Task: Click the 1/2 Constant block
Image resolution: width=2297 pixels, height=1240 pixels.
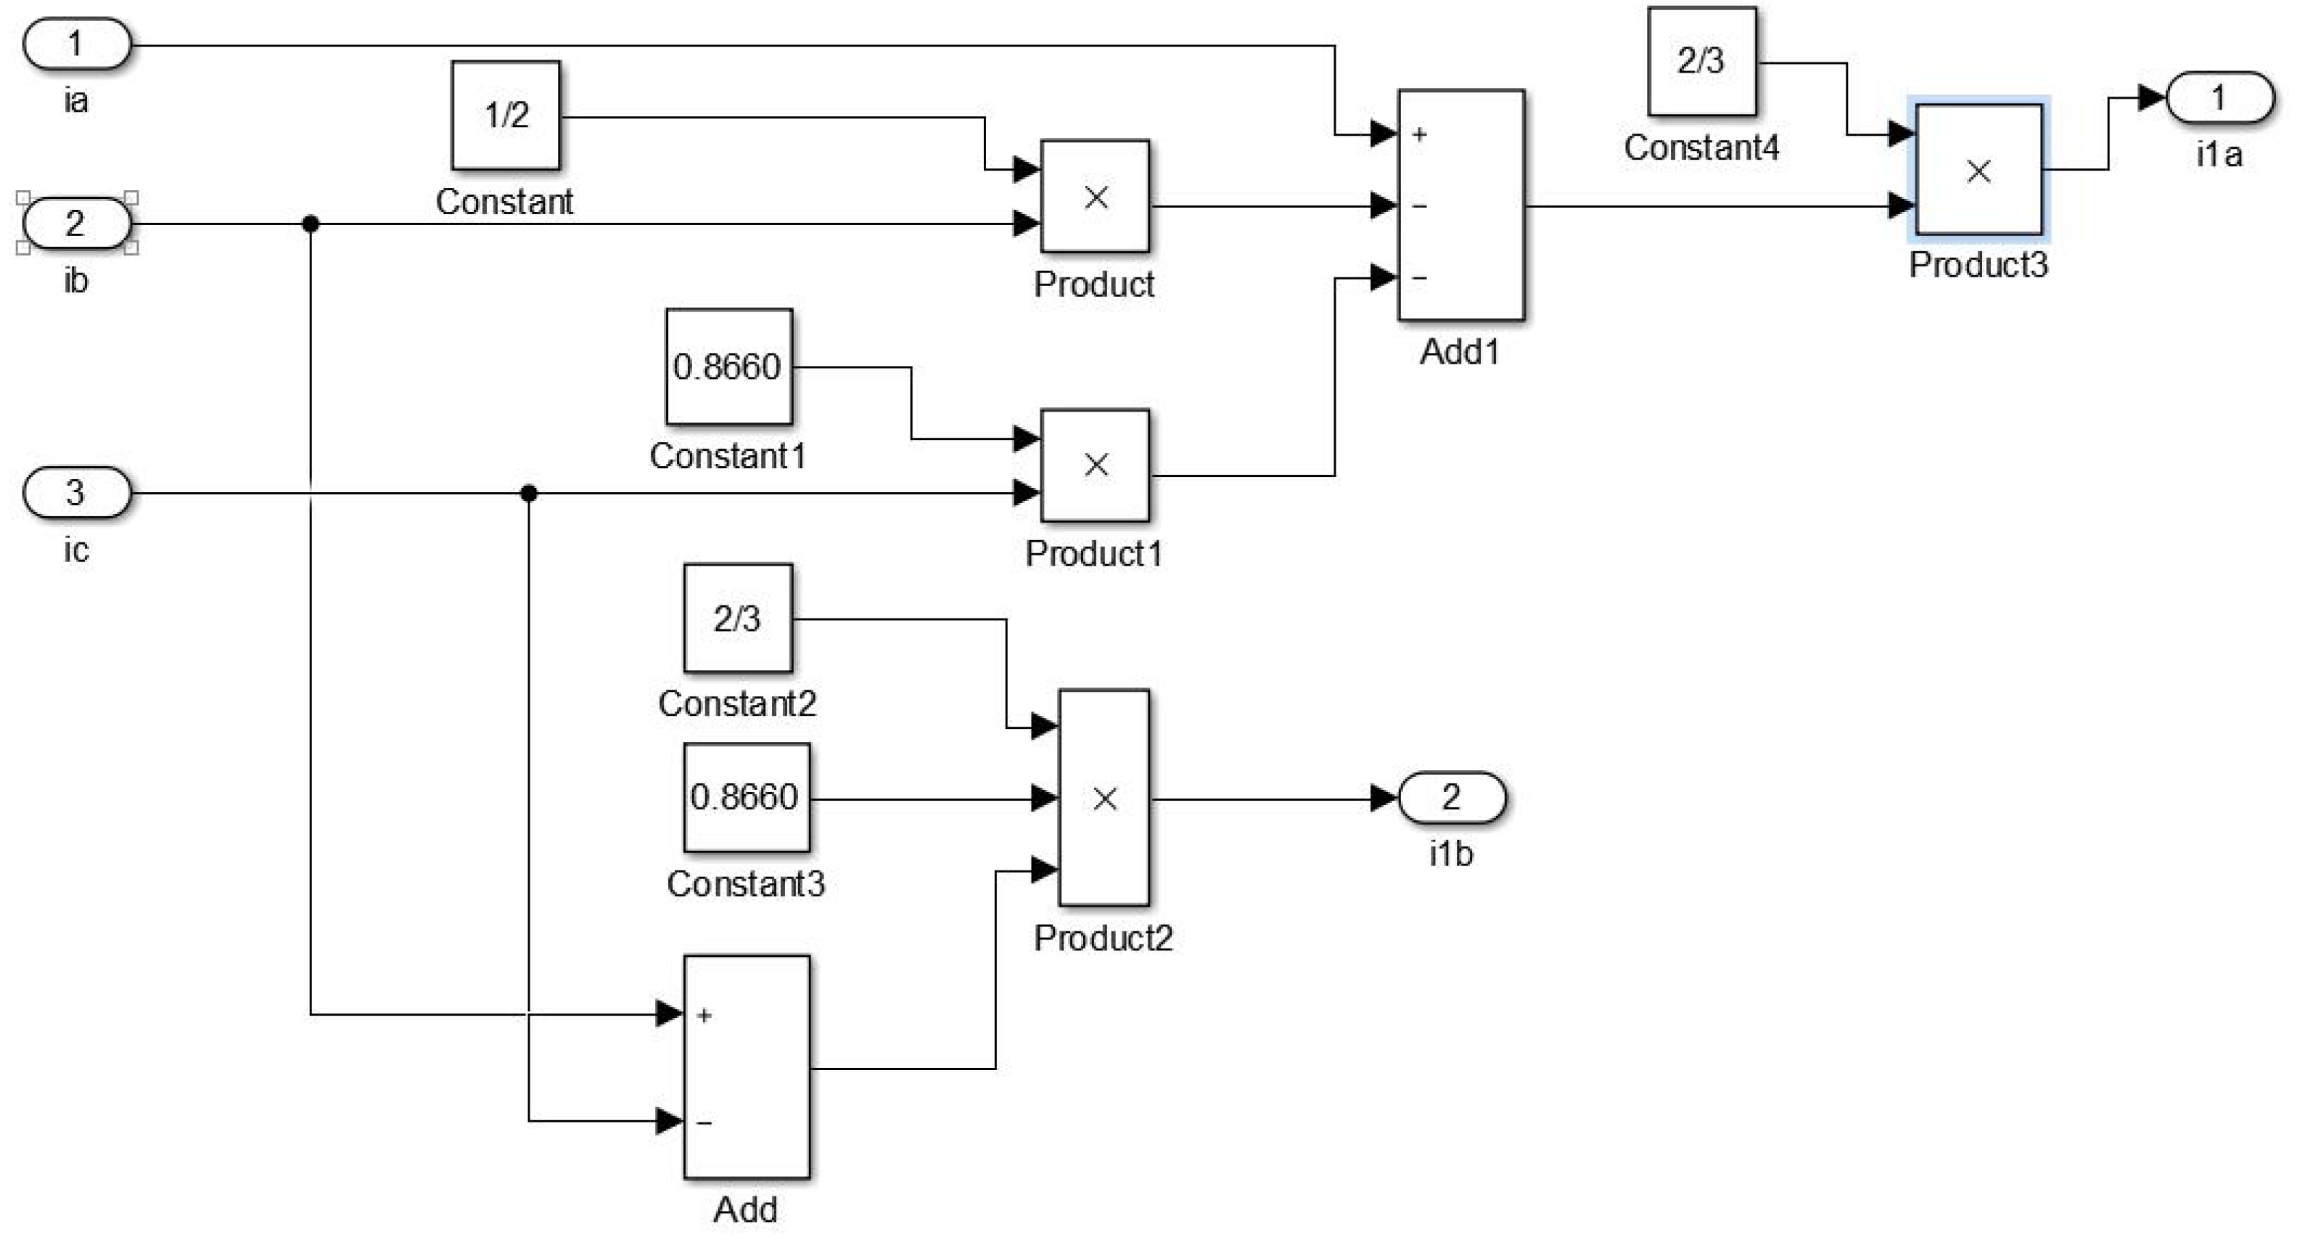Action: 506,115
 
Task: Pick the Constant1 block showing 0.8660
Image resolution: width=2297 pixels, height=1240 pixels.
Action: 728,367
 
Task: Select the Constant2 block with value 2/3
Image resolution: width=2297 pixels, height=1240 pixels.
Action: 737,619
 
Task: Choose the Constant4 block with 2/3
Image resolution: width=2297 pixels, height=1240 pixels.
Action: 1701,62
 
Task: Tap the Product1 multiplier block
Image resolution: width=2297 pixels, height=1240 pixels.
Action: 1095,465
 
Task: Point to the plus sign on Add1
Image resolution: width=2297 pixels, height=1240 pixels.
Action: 1421,135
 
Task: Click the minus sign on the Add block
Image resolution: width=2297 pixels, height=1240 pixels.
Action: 704,1122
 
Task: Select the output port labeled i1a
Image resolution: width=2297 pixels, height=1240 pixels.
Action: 2219,98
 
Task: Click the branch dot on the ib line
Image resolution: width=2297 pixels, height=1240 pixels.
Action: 311,223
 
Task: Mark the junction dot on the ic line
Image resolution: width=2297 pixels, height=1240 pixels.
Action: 529,492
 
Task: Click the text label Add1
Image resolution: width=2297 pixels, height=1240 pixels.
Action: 1459,352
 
